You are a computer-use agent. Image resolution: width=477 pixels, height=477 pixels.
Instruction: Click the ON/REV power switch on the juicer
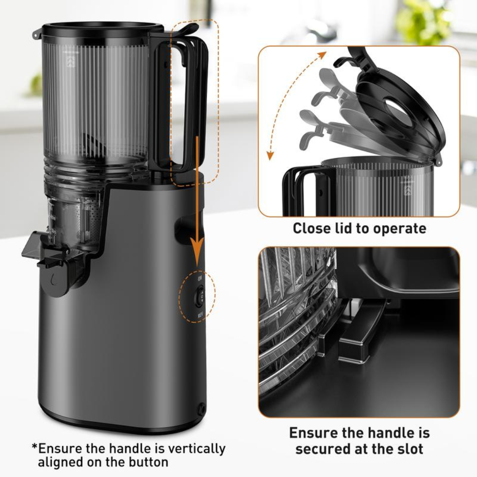click(200, 295)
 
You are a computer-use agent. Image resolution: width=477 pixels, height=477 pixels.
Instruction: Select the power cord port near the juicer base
click(202, 409)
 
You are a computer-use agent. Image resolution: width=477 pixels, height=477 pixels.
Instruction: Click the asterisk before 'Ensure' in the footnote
click(34, 447)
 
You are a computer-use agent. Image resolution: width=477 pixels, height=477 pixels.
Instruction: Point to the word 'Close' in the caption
click(311, 228)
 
